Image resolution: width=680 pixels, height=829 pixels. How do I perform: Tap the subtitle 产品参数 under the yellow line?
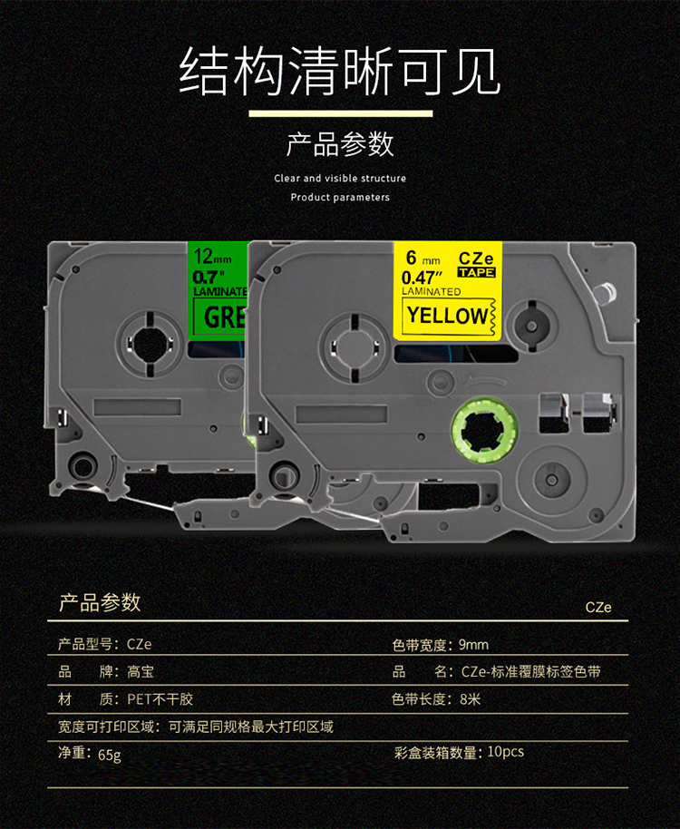340,144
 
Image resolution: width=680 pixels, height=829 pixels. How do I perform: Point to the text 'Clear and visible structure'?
340,179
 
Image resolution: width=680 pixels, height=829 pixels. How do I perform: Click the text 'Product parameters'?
340,197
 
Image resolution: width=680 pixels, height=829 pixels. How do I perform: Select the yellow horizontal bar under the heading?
340,114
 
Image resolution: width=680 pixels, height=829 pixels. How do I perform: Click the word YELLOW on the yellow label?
446,316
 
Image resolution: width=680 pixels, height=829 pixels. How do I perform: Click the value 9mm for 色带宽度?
473,645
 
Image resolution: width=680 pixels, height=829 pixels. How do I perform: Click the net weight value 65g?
108,754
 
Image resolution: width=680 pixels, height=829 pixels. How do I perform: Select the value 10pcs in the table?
505,752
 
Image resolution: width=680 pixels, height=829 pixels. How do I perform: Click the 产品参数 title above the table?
100,603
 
